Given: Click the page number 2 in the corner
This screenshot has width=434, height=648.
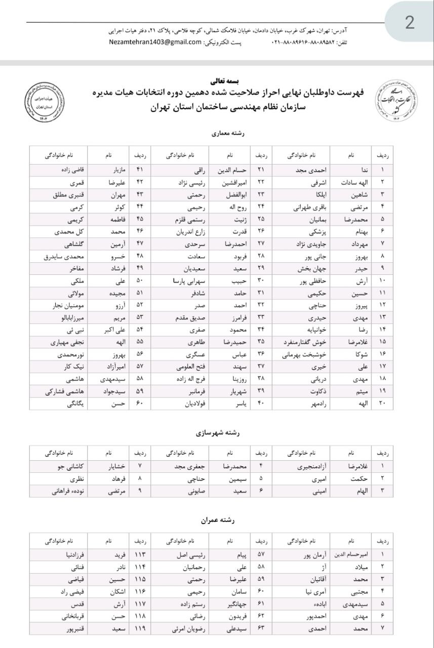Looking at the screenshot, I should pyautogui.click(x=409, y=22).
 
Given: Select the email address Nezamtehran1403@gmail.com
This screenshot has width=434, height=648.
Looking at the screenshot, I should pyautogui.click(x=155, y=42).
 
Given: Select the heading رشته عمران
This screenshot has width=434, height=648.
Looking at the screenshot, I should pyautogui.click(x=217, y=520).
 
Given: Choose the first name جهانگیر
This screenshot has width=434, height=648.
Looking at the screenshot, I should pyautogui.click(x=232, y=603).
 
